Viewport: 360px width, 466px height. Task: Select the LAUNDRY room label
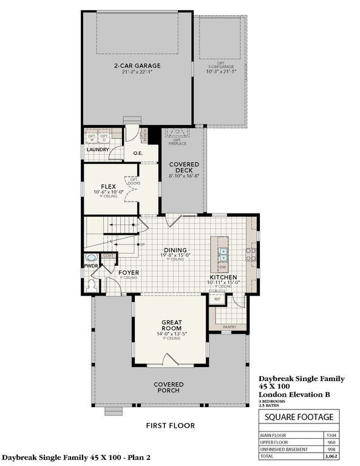tap(97, 150)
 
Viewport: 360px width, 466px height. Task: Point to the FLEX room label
tap(109, 187)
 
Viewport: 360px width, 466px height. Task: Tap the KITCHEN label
tap(224, 277)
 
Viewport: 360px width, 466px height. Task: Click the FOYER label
tap(128, 273)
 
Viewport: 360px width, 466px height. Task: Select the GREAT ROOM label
tap(172, 325)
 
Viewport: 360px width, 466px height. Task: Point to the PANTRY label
tap(229, 327)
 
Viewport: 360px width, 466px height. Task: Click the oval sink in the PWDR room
tap(92, 258)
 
